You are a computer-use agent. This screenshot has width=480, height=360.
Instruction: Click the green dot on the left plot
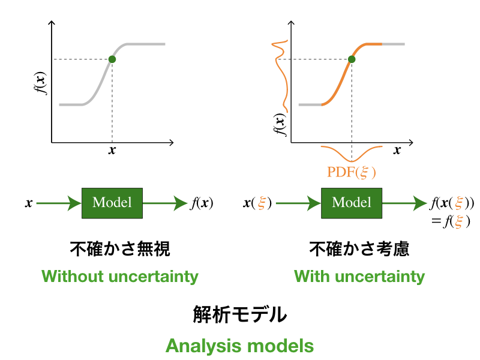coord(112,59)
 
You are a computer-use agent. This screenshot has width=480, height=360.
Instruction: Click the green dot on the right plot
coord(352,59)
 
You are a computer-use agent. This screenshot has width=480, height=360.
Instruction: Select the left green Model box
coord(112,203)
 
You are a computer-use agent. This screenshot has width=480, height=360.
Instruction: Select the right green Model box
coord(352,203)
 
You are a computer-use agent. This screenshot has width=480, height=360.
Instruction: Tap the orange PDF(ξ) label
coord(352,172)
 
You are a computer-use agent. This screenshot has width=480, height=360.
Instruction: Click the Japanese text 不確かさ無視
coord(120,248)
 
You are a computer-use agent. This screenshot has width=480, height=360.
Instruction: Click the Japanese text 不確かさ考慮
coord(359,248)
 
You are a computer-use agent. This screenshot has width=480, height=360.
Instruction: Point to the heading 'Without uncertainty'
coord(120,277)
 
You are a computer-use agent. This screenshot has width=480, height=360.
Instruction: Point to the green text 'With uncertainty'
coord(359,277)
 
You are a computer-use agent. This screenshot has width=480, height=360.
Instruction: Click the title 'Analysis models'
coord(239,346)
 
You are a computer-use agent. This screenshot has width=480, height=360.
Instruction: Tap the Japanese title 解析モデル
coord(240,314)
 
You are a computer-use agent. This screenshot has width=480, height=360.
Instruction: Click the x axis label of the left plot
coord(112,150)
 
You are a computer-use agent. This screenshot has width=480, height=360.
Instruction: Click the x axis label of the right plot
coord(397,150)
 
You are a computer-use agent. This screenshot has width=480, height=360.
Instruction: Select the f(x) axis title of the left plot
coord(40,83)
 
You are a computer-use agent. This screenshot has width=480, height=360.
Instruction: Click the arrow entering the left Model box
coord(59,203)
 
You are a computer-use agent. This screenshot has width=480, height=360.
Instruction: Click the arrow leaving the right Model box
coord(404,203)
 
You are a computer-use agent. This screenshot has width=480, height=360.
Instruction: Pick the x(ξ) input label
coord(257,203)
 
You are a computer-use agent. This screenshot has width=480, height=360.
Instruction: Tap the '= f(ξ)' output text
coord(451,221)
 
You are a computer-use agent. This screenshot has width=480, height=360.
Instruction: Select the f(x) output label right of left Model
coord(202,203)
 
